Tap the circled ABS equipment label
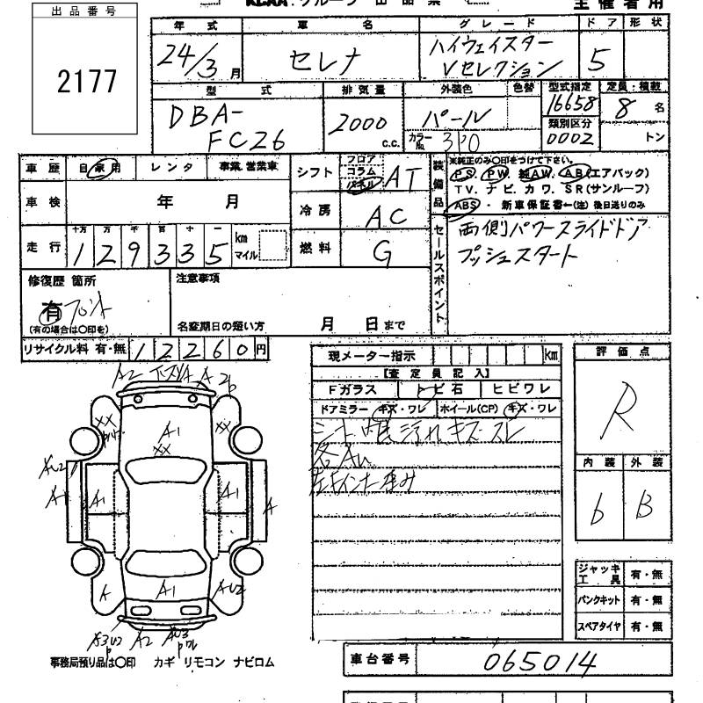[x=463, y=204]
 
